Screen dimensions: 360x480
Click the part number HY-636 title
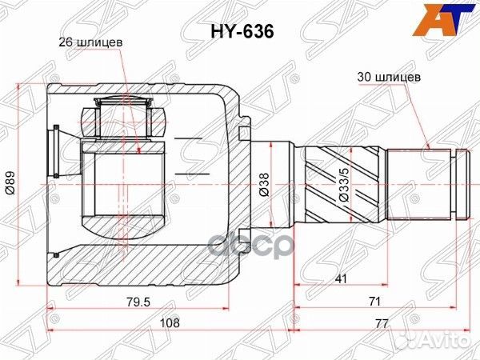[241, 31]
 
